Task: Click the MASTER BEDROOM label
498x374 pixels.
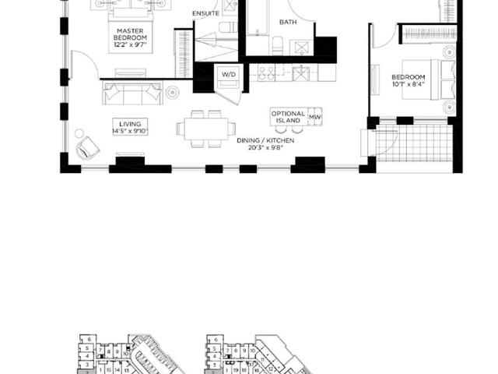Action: [129, 35]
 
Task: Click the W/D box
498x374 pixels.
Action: [229, 75]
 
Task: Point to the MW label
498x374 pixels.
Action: [315, 118]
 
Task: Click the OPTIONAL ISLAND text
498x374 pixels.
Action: [287, 118]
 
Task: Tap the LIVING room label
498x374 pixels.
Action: [129, 124]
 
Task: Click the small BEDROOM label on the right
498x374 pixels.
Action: [408, 77]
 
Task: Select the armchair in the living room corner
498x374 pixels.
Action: [87, 146]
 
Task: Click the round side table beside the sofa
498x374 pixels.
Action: [172, 93]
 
